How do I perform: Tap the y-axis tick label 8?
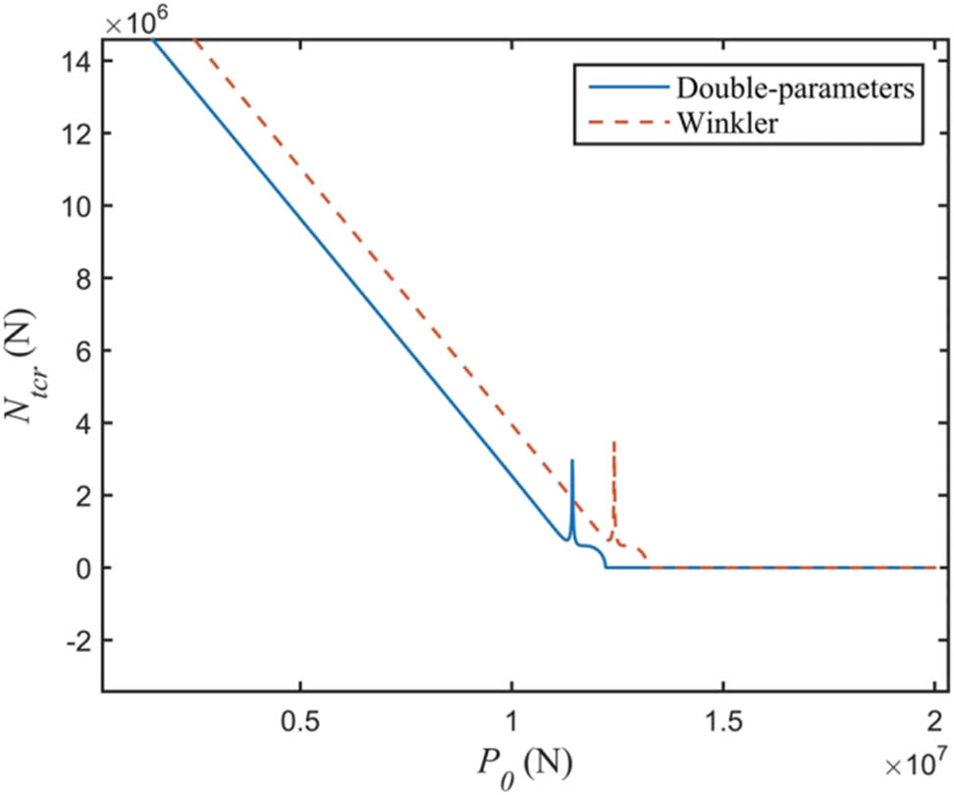pos(82,279)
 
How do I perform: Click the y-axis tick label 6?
pos(82,350)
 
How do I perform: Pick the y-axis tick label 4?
pos(82,423)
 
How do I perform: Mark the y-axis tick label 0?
pos(82,567)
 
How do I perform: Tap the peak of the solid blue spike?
pos(572,459)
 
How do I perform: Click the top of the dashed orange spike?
pos(614,443)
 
